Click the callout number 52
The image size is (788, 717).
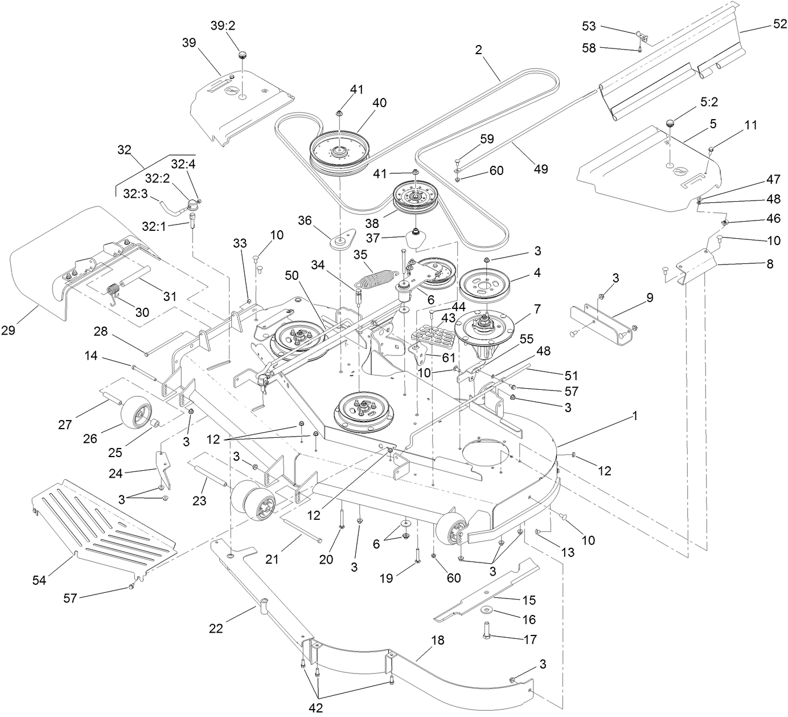coord(779,25)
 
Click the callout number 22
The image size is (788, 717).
coord(215,629)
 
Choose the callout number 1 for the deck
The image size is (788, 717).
coord(634,416)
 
